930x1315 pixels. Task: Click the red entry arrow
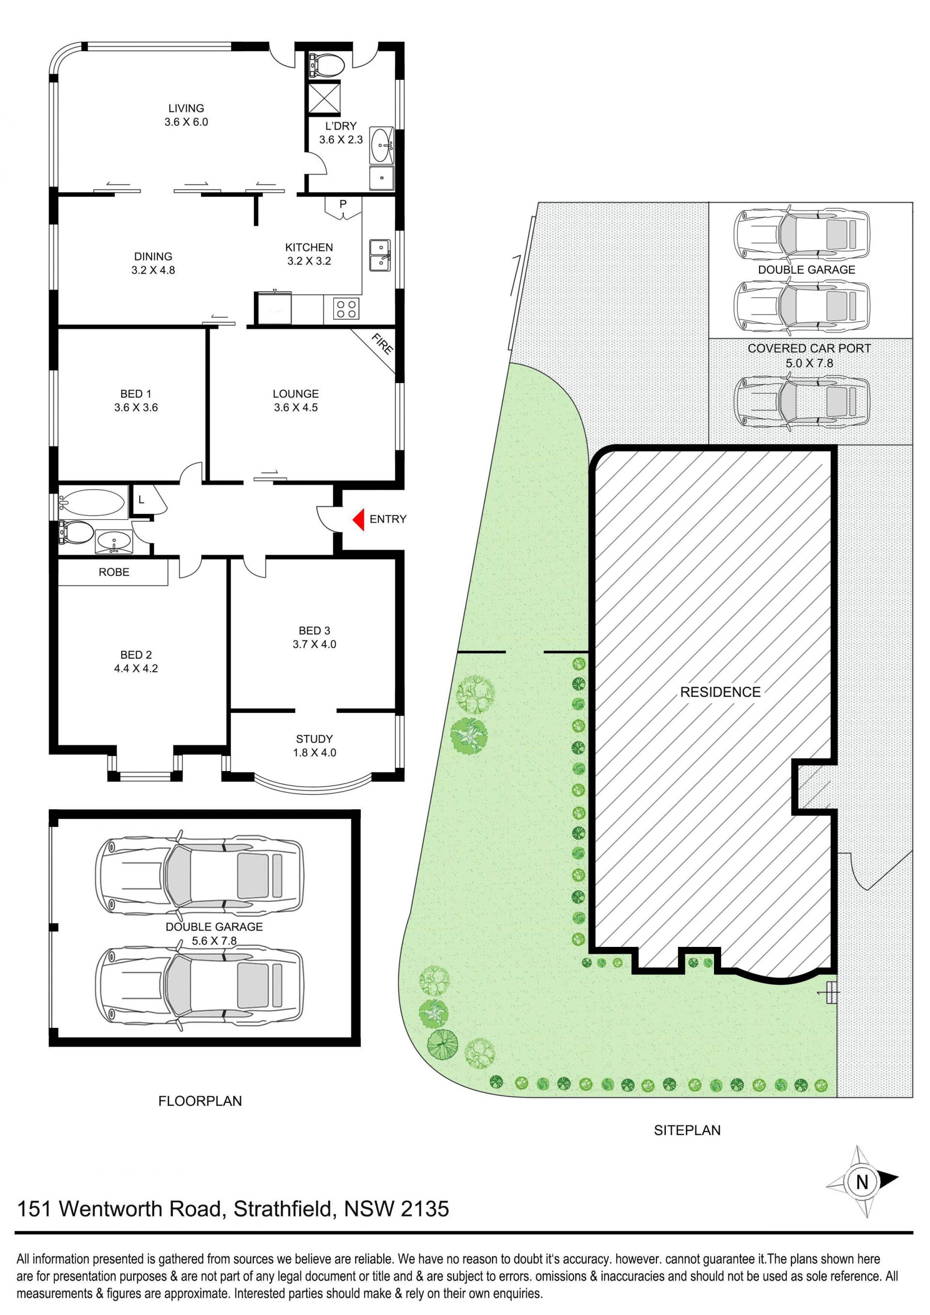point(358,519)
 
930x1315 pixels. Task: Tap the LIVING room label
point(186,108)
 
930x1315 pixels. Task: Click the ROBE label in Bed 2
point(114,572)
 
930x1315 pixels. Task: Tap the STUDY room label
point(314,739)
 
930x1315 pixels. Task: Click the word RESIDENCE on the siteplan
point(720,692)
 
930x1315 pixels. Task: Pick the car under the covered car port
point(802,402)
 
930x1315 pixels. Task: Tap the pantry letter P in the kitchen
point(343,204)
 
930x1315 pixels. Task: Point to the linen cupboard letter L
point(141,500)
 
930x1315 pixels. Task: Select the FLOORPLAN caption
point(200,1101)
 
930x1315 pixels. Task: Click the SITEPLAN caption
point(687,1130)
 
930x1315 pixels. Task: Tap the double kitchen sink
point(380,254)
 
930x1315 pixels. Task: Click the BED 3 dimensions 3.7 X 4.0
point(314,644)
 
